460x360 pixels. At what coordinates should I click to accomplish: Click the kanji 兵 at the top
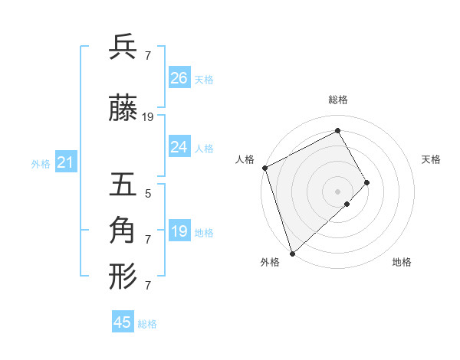(123, 47)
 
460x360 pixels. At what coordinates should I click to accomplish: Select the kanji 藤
(123, 109)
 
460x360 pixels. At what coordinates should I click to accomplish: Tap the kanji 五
(123, 185)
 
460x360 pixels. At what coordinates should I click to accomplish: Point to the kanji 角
(123, 230)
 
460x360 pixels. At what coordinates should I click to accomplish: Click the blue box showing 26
(179, 78)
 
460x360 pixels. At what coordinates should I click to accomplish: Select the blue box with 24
(179, 147)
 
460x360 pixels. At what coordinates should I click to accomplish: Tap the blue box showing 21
(65, 162)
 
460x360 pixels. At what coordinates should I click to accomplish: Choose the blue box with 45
(123, 322)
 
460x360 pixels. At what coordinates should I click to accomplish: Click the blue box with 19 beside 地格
(179, 231)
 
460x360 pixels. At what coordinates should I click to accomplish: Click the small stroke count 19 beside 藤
(148, 117)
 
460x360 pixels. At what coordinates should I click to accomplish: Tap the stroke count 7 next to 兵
(148, 55)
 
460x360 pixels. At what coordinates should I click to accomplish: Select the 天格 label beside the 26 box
(204, 80)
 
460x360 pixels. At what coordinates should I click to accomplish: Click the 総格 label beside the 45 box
(147, 324)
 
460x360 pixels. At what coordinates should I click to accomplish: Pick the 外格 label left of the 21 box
(41, 164)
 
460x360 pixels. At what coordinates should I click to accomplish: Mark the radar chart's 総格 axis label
(337, 100)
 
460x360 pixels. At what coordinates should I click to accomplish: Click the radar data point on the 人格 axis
(264, 168)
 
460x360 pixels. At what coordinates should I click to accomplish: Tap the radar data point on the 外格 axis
(292, 252)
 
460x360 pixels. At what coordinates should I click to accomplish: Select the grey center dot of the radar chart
(337, 190)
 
